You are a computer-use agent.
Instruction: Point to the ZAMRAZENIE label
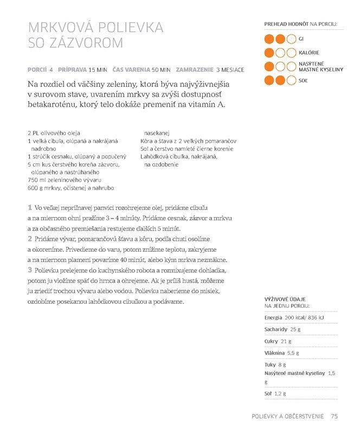(x=194, y=70)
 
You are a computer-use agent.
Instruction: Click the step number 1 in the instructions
(x=29, y=208)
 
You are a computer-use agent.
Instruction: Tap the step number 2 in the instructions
(x=29, y=239)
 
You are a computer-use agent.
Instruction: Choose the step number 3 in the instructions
(x=29, y=270)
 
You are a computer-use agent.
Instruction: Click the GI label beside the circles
(x=301, y=39)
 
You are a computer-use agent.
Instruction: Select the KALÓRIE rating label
(x=309, y=53)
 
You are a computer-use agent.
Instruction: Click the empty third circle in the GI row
(x=291, y=39)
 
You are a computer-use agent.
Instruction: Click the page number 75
(x=335, y=417)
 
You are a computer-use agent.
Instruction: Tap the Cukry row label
(x=272, y=341)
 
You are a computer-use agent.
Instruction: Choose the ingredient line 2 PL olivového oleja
(x=54, y=132)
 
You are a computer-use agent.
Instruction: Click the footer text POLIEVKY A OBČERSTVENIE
(x=288, y=417)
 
